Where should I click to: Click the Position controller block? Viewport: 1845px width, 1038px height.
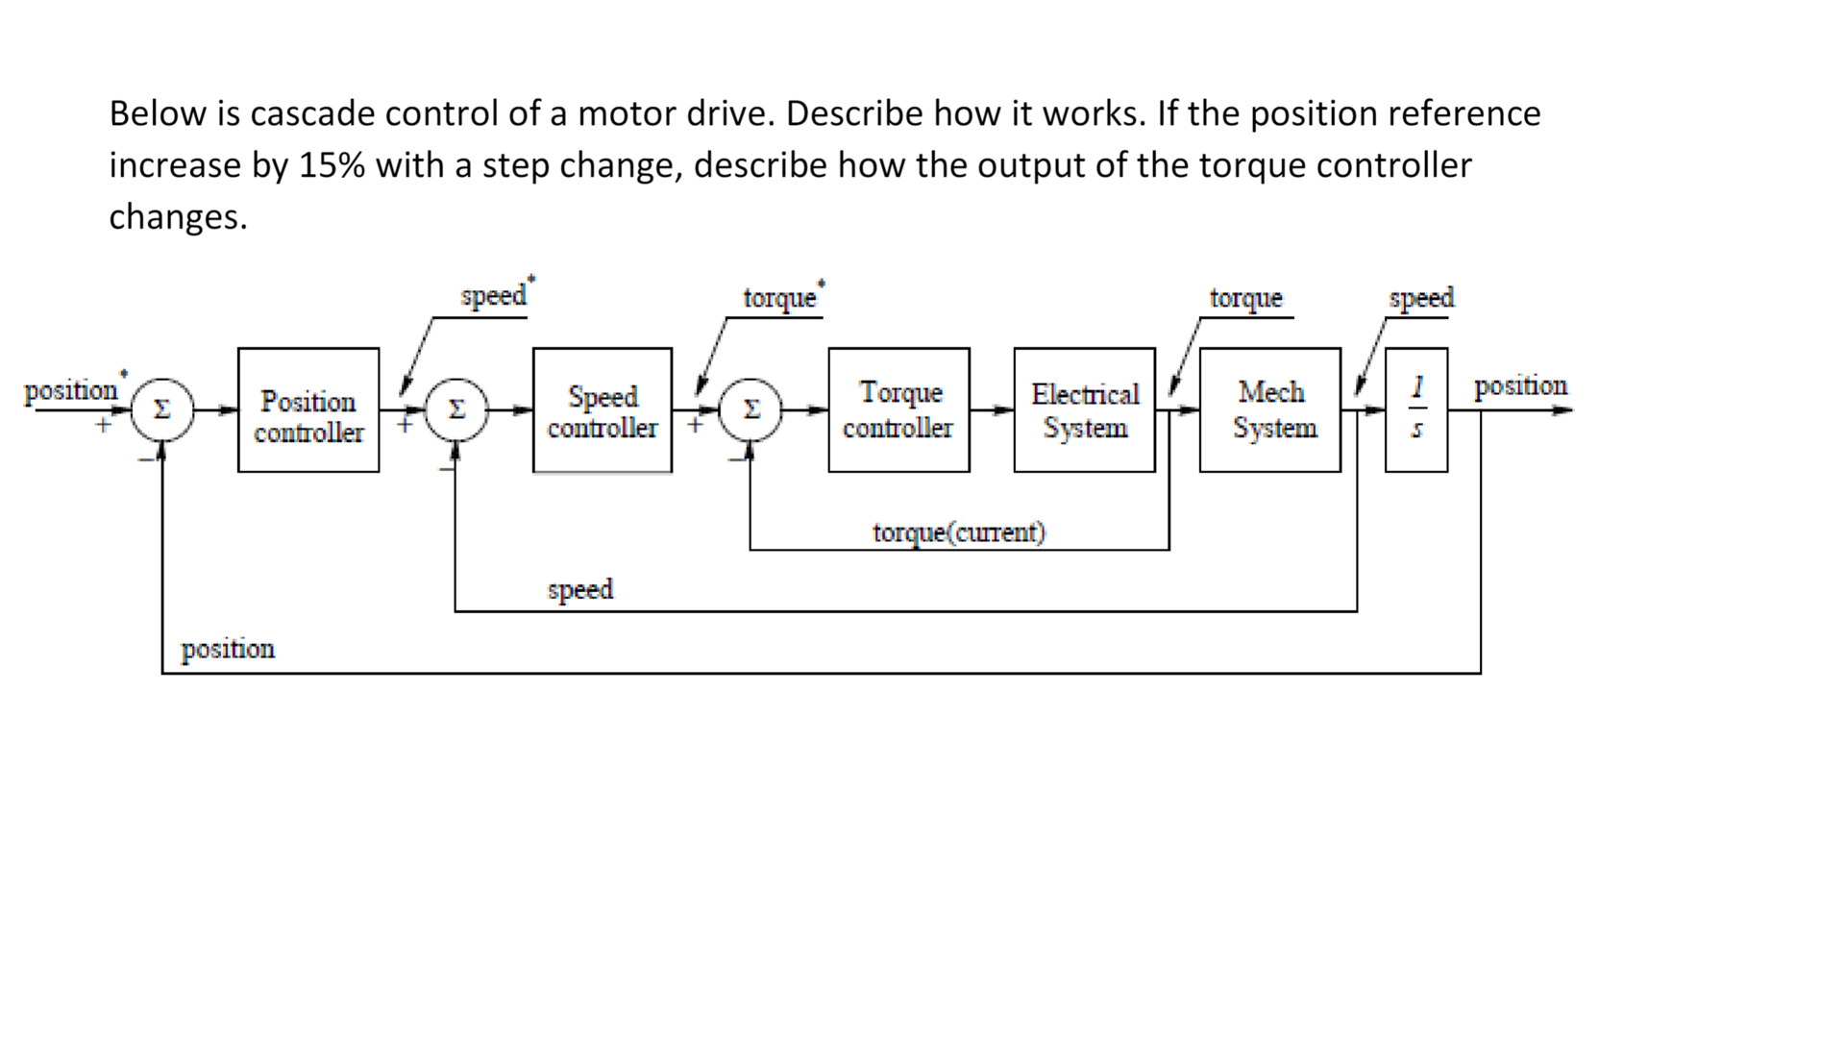(x=308, y=410)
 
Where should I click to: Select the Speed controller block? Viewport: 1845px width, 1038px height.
(x=603, y=410)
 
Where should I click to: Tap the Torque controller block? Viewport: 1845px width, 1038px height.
(x=898, y=410)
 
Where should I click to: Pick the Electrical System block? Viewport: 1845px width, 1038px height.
(x=1084, y=410)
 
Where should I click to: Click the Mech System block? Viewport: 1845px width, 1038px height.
(x=1270, y=410)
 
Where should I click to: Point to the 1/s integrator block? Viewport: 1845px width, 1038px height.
(x=1416, y=410)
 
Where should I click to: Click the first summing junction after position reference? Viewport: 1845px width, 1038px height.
(x=162, y=410)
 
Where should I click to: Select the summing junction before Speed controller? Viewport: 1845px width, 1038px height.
(x=456, y=410)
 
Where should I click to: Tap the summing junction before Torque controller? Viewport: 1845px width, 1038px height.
(x=751, y=410)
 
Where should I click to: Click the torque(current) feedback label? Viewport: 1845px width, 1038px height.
(x=958, y=532)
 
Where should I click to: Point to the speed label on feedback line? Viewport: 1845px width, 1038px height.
(x=580, y=589)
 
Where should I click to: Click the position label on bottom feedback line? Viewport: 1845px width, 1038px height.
(x=228, y=650)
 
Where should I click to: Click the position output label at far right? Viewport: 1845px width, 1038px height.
(x=1520, y=386)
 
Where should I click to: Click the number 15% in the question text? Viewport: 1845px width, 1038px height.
(x=332, y=165)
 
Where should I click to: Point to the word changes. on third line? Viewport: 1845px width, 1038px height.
(x=178, y=217)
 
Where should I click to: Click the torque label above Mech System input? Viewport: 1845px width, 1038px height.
(x=1245, y=298)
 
